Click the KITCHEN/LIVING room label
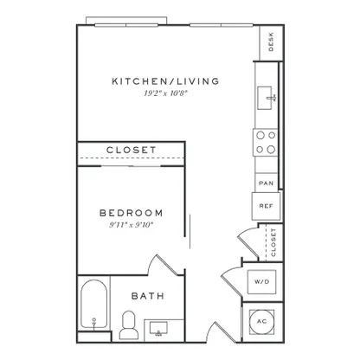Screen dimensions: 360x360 point(165,81)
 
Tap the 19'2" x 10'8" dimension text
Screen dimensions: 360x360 point(166,93)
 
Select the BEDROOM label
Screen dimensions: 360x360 point(132,213)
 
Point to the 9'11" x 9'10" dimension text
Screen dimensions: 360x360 point(131,225)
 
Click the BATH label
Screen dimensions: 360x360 point(148,296)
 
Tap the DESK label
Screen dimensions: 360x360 point(271,42)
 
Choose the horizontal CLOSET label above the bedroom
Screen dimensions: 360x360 point(132,150)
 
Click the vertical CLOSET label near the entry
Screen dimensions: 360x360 point(273,242)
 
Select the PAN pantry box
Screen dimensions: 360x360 point(266,183)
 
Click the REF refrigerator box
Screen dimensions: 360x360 point(266,206)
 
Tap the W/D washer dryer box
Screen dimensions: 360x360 point(262,281)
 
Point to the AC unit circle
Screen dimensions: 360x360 point(262,322)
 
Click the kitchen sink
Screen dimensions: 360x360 point(265,98)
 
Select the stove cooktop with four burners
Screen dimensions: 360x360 point(266,143)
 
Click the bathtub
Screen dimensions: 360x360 point(93,304)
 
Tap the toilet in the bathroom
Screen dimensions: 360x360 point(129,325)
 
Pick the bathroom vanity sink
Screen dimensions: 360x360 point(158,330)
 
